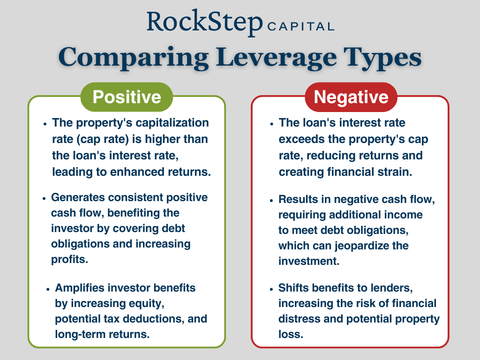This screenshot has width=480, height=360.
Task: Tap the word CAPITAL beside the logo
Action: tap(301, 26)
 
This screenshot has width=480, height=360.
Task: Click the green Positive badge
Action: tap(127, 97)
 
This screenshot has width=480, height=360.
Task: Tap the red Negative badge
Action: tap(351, 97)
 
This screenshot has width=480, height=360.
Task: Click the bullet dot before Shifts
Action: tap(271, 288)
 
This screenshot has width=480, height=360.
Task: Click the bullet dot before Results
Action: tap(271, 200)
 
